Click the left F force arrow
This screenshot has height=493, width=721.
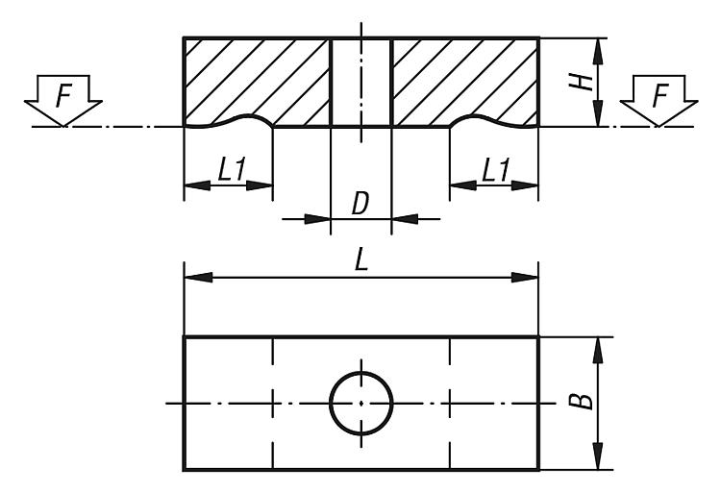point(63,100)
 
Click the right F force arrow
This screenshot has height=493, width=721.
point(659,100)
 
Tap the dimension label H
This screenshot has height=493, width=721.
point(581,82)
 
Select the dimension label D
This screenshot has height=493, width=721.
point(360,204)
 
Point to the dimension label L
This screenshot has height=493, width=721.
point(361,260)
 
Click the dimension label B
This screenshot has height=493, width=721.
point(581,401)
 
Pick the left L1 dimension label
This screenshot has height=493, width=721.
point(232,169)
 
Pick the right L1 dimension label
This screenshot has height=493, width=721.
point(496,169)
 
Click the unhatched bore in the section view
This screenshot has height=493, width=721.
point(360,82)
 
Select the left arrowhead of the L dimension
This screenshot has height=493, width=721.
point(198,278)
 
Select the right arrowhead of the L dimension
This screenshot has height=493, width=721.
point(525,278)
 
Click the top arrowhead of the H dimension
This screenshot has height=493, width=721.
point(598,52)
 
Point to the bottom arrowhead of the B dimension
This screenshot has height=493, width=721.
point(598,456)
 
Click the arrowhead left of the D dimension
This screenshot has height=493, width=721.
point(318,219)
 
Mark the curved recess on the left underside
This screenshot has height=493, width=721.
point(229,120)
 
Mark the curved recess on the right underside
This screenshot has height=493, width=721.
point(494,120)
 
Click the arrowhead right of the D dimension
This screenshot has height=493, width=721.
point(405,219)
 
